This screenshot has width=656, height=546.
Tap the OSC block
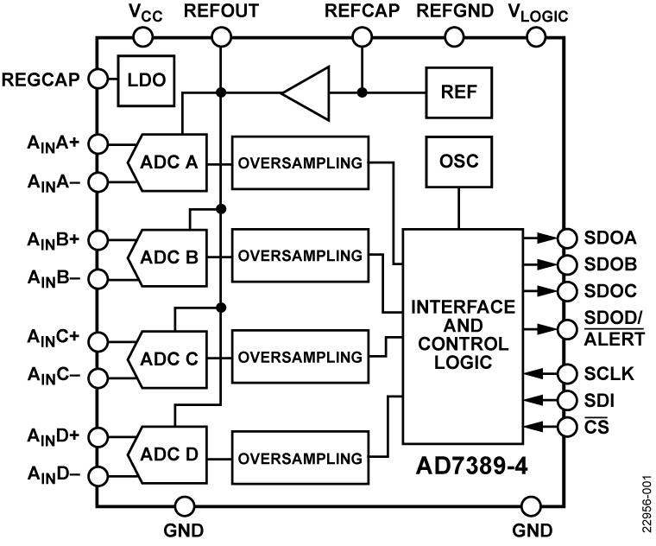click(458, 162)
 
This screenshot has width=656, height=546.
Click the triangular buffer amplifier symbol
click(306, 92)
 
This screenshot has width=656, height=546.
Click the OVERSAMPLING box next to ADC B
click(300, 257)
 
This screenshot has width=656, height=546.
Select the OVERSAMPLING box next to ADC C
click(300, 356)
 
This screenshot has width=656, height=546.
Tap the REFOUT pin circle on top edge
click(221, 37)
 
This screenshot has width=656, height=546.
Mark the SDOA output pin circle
click(567, 238)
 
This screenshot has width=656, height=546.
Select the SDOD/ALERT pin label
click(614, 328)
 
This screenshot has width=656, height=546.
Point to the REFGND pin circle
click(454, 37)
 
